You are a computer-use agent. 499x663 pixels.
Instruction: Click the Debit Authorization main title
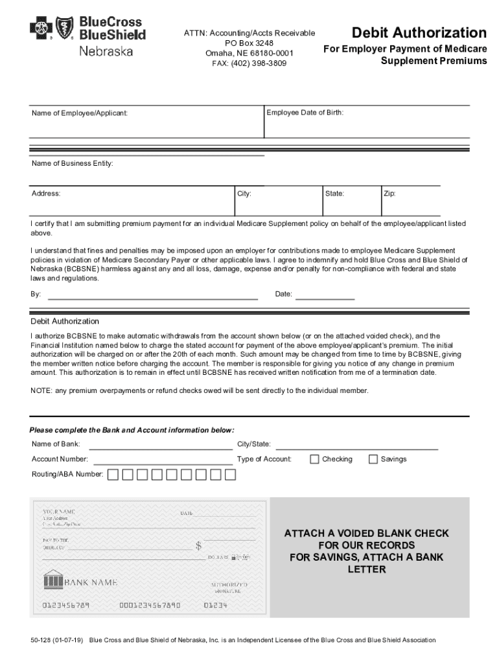point(419,33)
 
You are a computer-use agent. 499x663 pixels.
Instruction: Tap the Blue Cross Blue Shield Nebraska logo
point(87,36)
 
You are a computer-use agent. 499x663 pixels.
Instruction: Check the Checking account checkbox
point(315,459)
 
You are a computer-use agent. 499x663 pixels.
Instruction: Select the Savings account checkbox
point(373,459)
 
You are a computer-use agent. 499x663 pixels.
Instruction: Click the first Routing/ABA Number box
point(113,475)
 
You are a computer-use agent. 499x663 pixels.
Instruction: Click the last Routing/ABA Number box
point(230,475)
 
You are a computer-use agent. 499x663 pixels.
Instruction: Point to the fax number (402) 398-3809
point(249,63)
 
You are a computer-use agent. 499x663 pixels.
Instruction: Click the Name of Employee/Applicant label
point(80,113)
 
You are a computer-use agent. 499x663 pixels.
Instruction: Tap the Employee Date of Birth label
point(305,113)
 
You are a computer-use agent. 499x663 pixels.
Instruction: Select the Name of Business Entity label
point(73,164)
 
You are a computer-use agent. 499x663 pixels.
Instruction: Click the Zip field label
point(389,194)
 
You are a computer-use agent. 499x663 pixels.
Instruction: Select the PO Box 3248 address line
point(249,43)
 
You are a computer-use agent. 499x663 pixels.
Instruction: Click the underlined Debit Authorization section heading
point(65,321)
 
